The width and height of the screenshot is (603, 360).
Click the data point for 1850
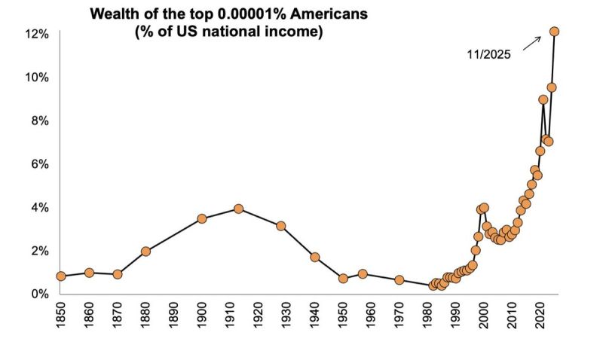[61, 276]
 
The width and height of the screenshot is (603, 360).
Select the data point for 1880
[146, 252]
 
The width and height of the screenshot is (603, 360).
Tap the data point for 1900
[202, 219]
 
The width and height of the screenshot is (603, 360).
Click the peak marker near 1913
[238, 209]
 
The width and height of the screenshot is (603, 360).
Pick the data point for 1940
[315, 258]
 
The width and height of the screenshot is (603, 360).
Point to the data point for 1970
[399, 280]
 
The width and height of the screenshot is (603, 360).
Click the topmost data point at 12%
[554, 32]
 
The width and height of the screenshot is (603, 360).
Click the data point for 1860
[89, 273]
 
